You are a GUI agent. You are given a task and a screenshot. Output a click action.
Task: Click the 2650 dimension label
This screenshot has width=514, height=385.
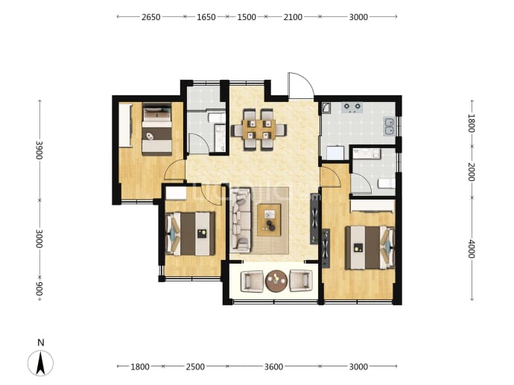[x=150, y=17]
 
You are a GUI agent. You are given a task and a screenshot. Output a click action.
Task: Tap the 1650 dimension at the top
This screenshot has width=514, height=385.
[x=206, y=17]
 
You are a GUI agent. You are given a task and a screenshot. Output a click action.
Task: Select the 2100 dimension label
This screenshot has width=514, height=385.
[x=293, y=17]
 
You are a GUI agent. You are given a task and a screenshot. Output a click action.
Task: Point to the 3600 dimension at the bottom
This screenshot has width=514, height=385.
[x=273, y=366]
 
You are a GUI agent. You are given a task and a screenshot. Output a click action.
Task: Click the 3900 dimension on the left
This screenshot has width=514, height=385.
[x=39, y=150]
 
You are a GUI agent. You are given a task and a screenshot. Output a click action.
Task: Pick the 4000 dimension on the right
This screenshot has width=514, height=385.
[x=472, y=249]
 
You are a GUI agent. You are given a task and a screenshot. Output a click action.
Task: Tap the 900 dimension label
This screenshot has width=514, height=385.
[x=39, y=289]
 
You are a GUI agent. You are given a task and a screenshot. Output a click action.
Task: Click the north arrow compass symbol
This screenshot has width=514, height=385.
[x=40, y=363]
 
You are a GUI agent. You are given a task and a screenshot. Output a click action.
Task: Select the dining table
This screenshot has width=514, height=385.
[x=259, y=130]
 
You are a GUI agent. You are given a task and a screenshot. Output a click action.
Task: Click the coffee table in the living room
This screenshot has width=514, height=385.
[x=269, y=220]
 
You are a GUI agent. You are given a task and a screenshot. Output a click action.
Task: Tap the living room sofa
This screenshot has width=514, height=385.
[x=241, y=220]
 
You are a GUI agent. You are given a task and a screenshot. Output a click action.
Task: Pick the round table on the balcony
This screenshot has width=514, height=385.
[x=276, y=281]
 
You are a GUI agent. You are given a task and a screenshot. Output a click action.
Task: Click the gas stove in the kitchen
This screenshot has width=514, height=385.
[x=352, y=107]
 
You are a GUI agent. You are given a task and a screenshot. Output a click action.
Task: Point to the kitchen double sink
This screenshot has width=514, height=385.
[x=390, y=127]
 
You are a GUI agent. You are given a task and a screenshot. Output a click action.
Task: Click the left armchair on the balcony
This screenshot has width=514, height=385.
[x=252, y=281]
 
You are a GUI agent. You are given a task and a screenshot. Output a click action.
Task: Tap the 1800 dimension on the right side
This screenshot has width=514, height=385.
[x=472, y=123]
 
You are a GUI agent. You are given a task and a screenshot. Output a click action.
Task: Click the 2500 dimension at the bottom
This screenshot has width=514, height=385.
[x=195, y=366]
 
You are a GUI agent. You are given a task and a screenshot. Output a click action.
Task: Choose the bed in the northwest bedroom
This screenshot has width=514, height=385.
[x=157, y=130]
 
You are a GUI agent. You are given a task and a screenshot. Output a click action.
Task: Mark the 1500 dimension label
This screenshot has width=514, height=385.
[x=247, y=17]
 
